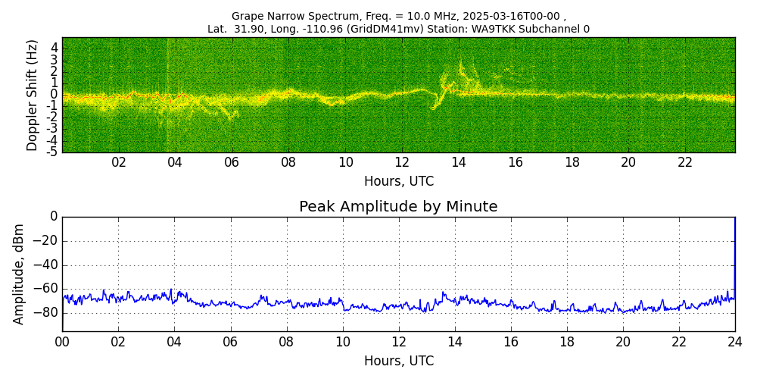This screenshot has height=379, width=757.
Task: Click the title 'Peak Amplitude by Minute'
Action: tap(398, 207)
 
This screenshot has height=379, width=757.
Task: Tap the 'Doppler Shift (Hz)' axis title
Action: tap(32, 96)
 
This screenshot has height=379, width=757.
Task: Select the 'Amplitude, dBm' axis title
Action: tap(19, 274)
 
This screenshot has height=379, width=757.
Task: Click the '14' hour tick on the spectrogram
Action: tap(458, 162)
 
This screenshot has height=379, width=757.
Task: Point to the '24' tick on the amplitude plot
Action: tap(734, 341)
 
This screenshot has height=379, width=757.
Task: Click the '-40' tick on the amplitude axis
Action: tap(45, 265)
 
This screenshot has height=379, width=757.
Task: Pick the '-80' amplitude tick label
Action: tap(45, 312)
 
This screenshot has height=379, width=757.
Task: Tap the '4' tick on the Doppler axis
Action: tap(54, 47)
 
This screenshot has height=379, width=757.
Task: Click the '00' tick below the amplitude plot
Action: tap(62, 341)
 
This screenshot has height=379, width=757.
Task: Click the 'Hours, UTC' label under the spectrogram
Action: tap(398, 182)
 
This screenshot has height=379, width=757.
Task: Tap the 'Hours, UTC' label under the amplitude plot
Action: tap(398, 361)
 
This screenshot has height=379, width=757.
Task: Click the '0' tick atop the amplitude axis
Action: tap(54, 217)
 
